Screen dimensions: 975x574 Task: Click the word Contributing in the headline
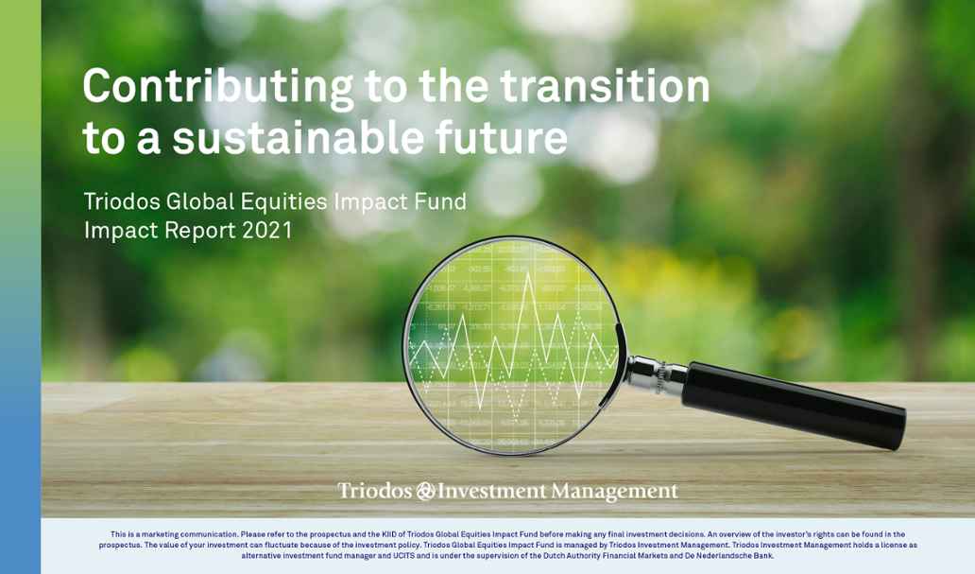coord(218,88)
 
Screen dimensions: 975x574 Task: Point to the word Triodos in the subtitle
coord(121,201)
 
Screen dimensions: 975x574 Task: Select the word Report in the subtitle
coord(200,231)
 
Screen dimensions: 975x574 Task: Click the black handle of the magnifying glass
coord(794,404)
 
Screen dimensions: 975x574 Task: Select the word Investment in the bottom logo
coord(492,491)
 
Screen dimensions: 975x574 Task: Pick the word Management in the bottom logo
coord(614,492)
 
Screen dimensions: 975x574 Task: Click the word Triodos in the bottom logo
coord(375,491)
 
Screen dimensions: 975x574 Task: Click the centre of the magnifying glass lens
coord(512,345)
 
